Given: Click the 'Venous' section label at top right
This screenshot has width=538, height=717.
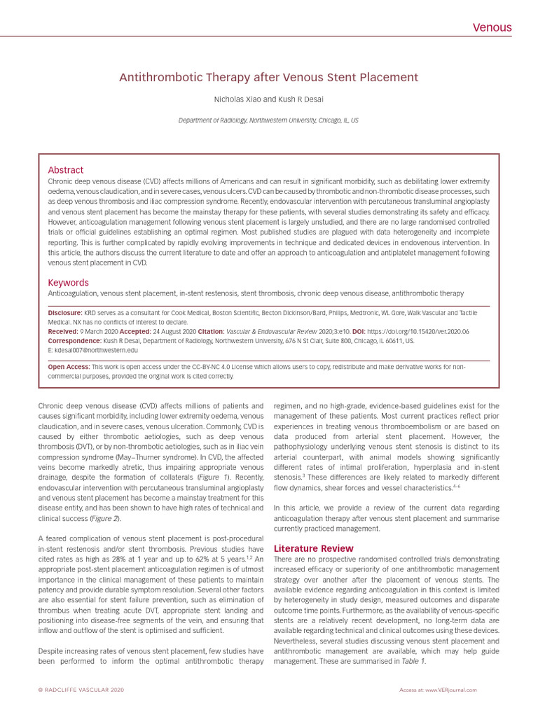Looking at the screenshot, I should click(492, 28).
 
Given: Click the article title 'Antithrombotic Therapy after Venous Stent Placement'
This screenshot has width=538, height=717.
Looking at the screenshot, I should click(269, 78).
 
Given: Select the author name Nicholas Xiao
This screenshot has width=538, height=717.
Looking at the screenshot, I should click(240, 99).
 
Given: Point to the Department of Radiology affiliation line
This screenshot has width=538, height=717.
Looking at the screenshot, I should click(269, 120).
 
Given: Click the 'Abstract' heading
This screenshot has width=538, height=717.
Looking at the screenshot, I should click(65, 170).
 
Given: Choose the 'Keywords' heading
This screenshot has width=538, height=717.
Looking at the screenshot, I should click(68, 282).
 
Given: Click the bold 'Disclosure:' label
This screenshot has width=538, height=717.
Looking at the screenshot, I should click(64, 312).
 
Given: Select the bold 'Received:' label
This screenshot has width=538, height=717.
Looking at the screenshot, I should click(62, 331).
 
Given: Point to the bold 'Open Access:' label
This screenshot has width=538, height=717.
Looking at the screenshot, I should click(68, 366).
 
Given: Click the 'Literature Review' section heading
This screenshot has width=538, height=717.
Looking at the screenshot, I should click(313, 548).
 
